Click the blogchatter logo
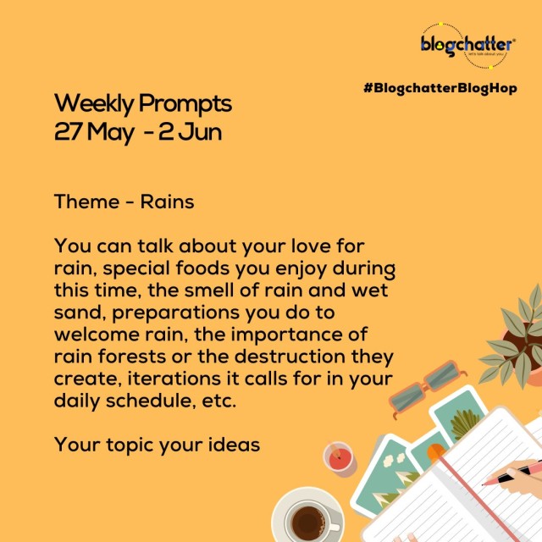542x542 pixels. [468, 46]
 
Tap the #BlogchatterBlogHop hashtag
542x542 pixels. [440, 88]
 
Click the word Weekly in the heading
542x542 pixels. [94, 104]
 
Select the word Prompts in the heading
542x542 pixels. [185, 104]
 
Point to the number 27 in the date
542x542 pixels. [69, 132]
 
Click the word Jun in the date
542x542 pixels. [201, 132]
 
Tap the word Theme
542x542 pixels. [86, 202]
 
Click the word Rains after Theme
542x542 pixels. [168, 202]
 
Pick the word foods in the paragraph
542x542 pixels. [202, 268]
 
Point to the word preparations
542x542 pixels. [176, 313]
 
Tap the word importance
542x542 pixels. [289, 335]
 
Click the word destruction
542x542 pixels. [290, 357]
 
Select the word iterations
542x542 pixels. [174, 379]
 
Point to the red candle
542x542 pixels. [339, 459]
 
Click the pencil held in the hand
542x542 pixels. [512, 473]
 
